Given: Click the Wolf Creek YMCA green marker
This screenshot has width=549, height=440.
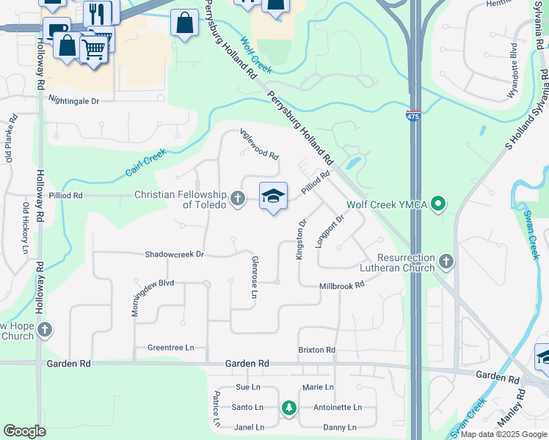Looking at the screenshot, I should coord(439,203).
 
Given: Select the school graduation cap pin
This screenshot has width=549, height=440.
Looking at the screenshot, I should coord(273,196).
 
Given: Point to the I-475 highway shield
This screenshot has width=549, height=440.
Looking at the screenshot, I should coord(414,116).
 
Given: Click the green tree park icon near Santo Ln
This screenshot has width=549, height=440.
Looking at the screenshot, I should coord(289,407).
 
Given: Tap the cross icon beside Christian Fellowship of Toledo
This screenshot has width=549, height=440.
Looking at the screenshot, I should coord(237,198).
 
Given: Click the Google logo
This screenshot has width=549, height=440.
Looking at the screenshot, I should coord(24,431).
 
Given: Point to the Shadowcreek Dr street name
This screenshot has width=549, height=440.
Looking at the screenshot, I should coord(173,254).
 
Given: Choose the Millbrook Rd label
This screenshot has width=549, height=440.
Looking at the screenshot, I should coord(342,286).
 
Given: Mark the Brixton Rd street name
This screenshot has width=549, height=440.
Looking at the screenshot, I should coord(316,351).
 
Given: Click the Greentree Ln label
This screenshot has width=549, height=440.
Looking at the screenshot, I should coord(170,348).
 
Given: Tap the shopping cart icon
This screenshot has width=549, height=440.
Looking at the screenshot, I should coord(94,49).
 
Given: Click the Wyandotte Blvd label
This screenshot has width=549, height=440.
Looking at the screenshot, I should coord(513,75).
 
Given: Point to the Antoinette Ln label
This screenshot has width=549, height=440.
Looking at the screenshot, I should coord(338,408).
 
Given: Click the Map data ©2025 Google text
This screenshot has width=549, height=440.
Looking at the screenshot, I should coord(503,434).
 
